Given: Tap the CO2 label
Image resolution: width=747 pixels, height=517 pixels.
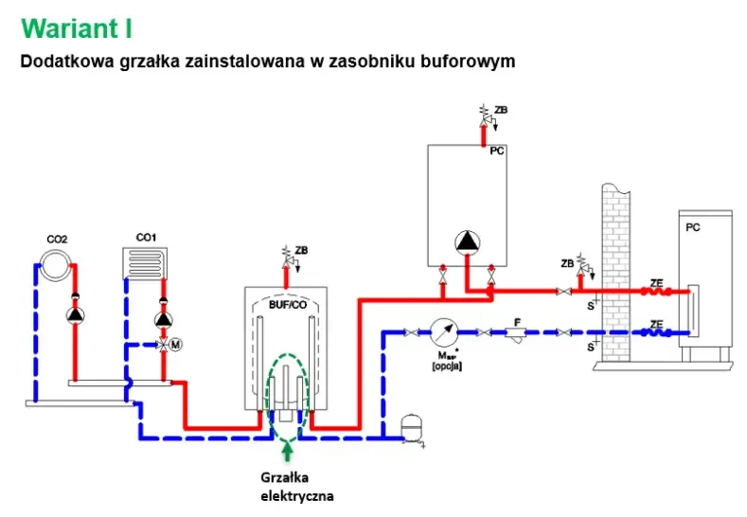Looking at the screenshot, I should click(x=57, y=239).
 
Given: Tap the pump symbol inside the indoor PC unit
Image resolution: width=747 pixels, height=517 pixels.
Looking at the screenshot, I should click(x=467, y=242).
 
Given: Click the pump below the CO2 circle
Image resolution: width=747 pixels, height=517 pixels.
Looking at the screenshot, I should click(x=75, y=313).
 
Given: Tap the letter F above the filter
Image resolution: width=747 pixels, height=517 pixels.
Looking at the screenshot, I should click(x=517, y=322).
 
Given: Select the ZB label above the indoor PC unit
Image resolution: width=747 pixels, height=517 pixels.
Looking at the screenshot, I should click(x=501, y=111).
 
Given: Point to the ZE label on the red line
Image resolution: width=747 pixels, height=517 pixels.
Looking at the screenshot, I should click(x=656, y=282).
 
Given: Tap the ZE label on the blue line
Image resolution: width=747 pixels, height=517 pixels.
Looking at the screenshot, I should click(x=656, y=325).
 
